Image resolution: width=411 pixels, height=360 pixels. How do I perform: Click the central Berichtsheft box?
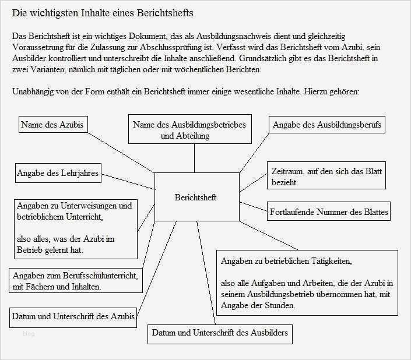tap(196, 197)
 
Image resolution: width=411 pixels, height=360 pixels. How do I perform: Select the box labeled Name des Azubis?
tap(52, 124)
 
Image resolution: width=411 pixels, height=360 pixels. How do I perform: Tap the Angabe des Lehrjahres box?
tap(57, 173)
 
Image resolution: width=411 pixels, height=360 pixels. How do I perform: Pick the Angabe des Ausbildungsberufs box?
tap(326, 124)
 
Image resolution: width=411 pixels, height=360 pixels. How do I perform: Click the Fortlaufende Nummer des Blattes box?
tap(329, 212)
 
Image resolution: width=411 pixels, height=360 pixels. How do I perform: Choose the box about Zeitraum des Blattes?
tap(326, 177)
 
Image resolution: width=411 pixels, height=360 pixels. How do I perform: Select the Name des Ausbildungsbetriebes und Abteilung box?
tap(189, 129)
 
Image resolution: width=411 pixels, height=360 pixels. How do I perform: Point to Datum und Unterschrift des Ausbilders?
tap(219, 333)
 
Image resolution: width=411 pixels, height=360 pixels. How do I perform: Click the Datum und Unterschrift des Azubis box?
tap(73, 316)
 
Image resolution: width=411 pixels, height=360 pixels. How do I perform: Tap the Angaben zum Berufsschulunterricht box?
tap(75, 281)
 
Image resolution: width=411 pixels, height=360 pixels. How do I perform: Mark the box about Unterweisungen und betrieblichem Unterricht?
tap(75, 228)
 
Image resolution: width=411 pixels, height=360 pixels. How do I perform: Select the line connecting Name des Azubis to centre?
tap(121, 152)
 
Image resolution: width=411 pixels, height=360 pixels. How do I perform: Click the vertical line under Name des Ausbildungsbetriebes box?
tap(194, 158)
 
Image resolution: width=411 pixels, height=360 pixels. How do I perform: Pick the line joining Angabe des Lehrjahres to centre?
tap(128, 181)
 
